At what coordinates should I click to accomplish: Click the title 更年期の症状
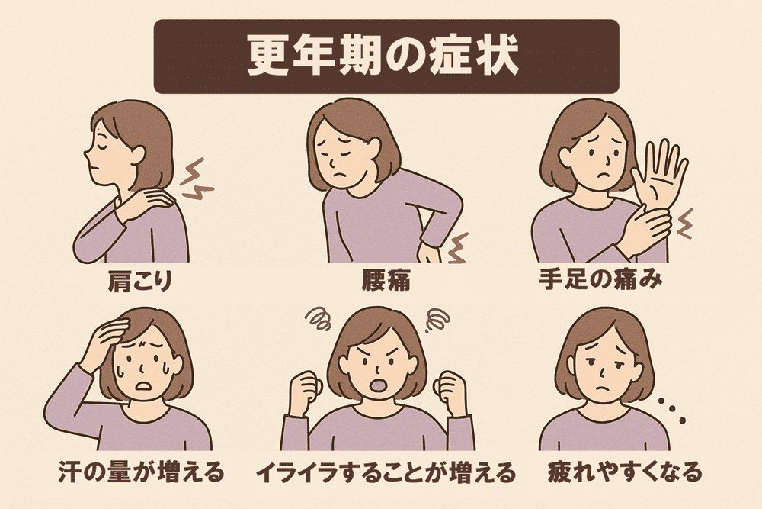(383, 56)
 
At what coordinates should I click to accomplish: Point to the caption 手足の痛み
(600, 280)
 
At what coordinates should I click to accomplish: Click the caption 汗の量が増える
(141, 472)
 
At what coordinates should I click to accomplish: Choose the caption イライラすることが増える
(385, 472)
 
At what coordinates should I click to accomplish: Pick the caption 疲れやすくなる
(625, 472)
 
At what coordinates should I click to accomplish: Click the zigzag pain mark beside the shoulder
(197, 179)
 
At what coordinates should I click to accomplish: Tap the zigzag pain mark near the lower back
(456, 248)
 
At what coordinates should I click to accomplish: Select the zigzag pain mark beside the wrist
(684, 224)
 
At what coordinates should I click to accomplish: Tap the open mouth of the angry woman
(378, 385)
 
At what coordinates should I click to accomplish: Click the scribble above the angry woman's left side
(319, 318)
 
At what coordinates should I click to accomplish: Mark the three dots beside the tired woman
(672, 411)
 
